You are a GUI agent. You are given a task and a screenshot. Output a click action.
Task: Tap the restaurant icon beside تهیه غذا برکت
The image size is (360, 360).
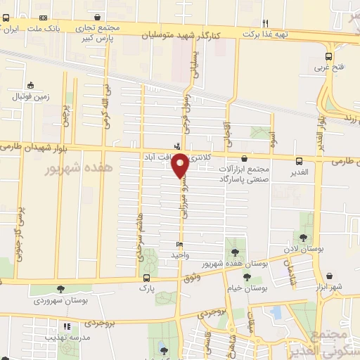265,22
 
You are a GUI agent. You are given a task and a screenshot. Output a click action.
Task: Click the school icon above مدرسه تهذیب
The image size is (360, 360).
67,326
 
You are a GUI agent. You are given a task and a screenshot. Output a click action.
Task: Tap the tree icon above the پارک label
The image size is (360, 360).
146,276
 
